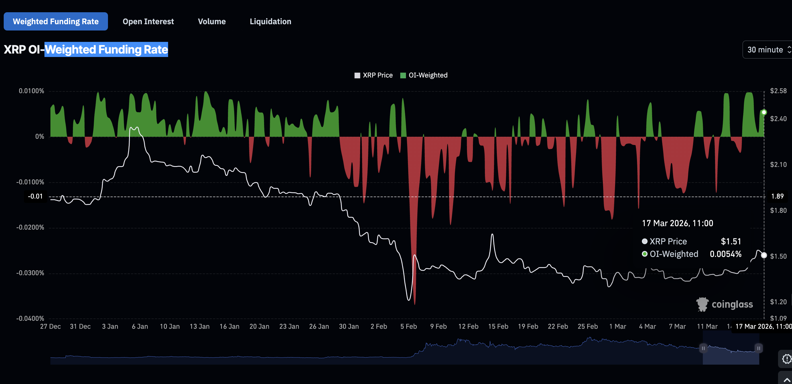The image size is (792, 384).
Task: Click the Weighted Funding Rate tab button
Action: point(56,22)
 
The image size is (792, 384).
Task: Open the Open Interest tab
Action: point(148,22)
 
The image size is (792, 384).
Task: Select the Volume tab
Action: point(211,22)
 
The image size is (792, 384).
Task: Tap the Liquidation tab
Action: point(270,22)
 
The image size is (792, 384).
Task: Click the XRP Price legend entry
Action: point(373,75)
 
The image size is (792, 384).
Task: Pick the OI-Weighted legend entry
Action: point(424,75)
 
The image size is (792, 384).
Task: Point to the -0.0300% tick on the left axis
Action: point(30,273)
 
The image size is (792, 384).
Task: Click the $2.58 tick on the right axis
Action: point(778,91)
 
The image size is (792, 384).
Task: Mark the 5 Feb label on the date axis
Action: point(408,326)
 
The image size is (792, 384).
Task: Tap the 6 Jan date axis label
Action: point(140,326)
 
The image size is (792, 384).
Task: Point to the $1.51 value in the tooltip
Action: point(731,242)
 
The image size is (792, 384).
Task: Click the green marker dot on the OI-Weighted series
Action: point(764,112)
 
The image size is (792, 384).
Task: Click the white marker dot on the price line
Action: point(764,256)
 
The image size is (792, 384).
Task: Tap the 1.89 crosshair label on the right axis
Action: point(777,197)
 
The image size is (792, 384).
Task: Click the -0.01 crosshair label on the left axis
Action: point(35,197)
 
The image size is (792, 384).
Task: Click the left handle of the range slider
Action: point(703,348)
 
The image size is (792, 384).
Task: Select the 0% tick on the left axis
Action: point(40,136)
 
